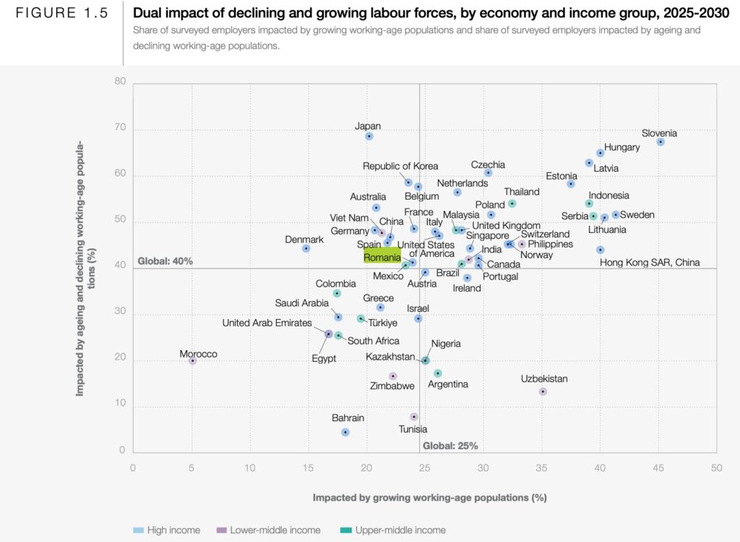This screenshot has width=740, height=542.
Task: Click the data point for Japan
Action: pyautogui.click(x=369, y=136)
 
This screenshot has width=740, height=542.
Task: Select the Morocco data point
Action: pyautogui.click(x=192, y=360)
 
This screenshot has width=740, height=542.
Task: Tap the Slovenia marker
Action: pyautogui.click(x=661, y=142)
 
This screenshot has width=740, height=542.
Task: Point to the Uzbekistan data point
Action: pyautogui.click(x=543, y=391)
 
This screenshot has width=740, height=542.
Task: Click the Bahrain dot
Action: pyautogui.click(x=345, y=432)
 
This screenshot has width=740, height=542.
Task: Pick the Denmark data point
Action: pyautogui.click(x=306, y=248)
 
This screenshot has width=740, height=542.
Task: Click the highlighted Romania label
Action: pyautogui.click(x=382, y=257)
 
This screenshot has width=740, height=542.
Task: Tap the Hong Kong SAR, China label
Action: pyautogui.click(x=650, y=263)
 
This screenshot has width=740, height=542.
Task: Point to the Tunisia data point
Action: pyautogui.click(x=414, y=417)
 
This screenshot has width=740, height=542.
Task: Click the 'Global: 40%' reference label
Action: pyautogui.click(x=165, y=261)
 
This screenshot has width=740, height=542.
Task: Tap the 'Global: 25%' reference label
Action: pyautogui.click(x=450, y=446)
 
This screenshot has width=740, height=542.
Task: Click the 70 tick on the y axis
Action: pyautogui.click(x=120, y=128)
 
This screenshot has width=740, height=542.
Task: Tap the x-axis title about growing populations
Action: pyautogui.click(x=429, y=498)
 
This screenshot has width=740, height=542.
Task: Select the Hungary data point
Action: pyautogui.click(x=601, y=153)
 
